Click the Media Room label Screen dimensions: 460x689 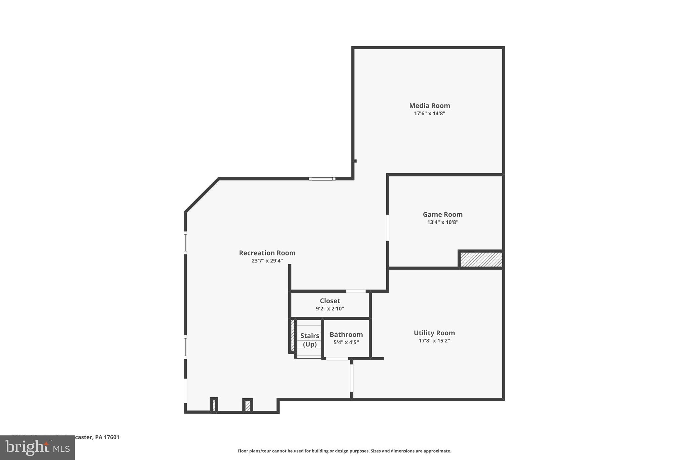click(x=429, y=105)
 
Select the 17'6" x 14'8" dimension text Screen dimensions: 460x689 click(x=429, y=114)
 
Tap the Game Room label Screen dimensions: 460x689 click(x=442, y=214)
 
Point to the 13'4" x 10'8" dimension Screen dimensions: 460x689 click(x=442, y=222)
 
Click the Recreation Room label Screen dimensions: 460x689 click(x=267, y=253)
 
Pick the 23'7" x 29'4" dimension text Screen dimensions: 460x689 click(x=267, y=261)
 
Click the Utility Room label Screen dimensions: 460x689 click(x=434, y=333)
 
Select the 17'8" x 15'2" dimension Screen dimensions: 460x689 click(x=434, y=341)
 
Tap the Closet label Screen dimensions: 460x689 click(x=330, y=301)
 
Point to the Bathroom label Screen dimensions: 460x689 click(x=346, y=334)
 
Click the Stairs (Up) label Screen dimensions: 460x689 click(x=310, y=340)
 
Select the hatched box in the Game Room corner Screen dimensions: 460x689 click(x=481, y=259)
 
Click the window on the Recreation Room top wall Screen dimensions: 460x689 click(x=322, y=179)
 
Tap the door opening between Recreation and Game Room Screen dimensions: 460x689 click(x=388, y=227)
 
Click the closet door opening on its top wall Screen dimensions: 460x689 click(x=356, y=291)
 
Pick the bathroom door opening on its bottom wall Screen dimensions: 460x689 click(x=337, y=359)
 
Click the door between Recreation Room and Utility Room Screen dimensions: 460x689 click(x=352, y=378)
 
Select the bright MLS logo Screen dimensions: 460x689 click(x=37, y=448)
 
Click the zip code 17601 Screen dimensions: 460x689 click(x=112, y=437)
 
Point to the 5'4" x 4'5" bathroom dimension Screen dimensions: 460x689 click(x=346, y=342)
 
